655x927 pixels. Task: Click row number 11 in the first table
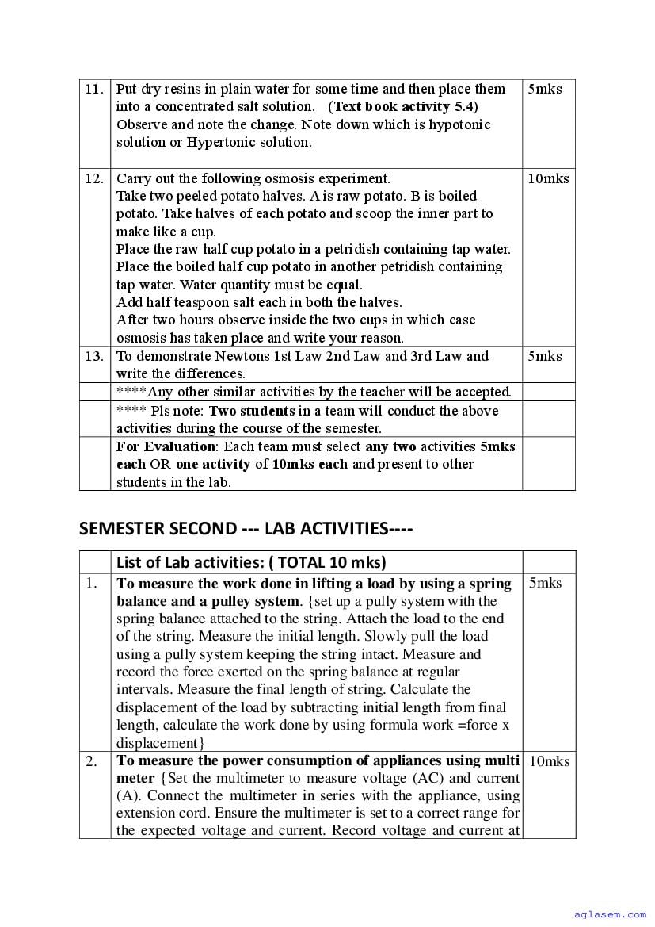tap(94, 89)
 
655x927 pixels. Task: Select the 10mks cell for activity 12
tap(548, 178)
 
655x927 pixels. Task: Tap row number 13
tap(94, 356)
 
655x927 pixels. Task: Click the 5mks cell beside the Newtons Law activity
tap(545, 356)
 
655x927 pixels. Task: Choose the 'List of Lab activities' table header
tap(251, 562)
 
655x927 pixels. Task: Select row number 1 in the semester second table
tap(92, 583)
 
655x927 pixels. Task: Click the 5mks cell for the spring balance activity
tap(545, 583)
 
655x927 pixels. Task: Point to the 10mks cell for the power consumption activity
tap(549, 761)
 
